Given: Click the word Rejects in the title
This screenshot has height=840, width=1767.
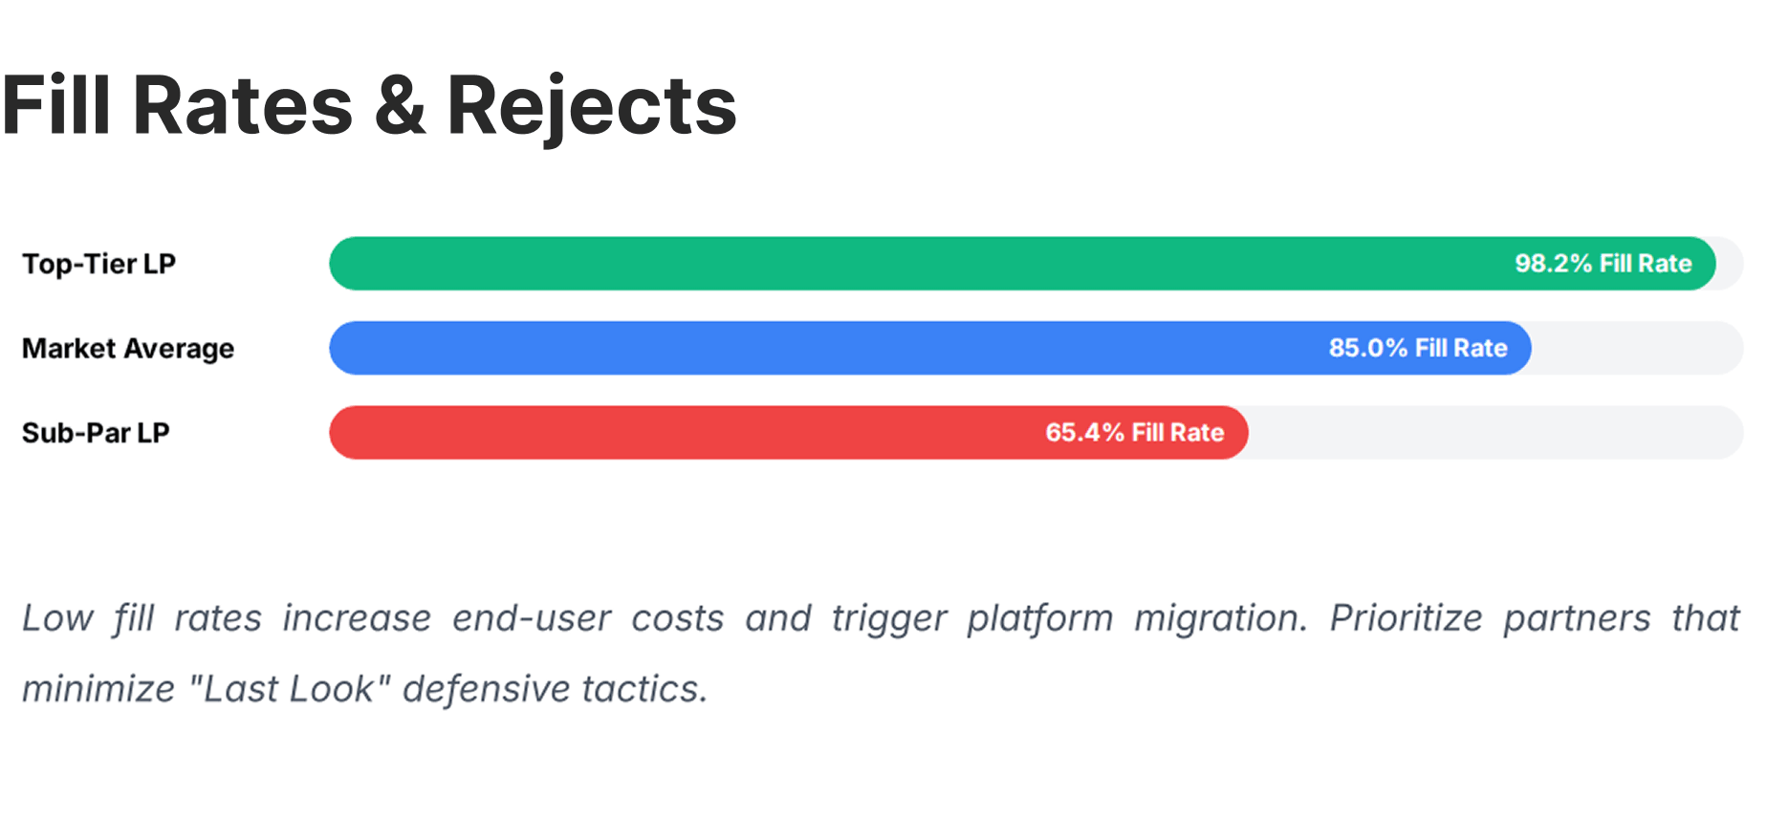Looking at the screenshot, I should click(592, 106).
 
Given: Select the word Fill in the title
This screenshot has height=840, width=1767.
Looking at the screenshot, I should click(56, 106).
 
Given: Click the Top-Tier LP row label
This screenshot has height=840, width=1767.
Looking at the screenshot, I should click(99, 264).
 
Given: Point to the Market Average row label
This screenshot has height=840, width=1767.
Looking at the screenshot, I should click(128, 349).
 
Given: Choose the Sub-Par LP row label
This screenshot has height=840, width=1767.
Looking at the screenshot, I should click(96, 433).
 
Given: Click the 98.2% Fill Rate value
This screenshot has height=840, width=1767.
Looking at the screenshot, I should click(1603, 264).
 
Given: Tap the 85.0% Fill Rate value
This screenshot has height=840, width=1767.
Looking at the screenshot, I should click(1417, 348).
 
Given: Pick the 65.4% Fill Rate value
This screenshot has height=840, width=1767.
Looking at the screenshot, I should click(1134, 433).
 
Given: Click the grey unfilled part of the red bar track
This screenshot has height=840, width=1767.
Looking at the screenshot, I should click(1492, 433).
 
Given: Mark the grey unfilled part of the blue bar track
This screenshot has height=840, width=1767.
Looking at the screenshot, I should click(1635, 348).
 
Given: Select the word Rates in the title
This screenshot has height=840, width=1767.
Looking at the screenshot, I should click(243, 106).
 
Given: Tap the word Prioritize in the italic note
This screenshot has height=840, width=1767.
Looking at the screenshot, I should click(1406, 618).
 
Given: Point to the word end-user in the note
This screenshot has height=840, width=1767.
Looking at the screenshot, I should click(532, 618).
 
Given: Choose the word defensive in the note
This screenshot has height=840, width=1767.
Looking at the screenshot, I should click(487, 689).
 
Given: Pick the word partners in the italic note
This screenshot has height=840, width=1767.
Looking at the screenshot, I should click(1577, 618).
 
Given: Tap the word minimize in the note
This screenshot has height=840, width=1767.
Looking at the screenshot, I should click(98, 689).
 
